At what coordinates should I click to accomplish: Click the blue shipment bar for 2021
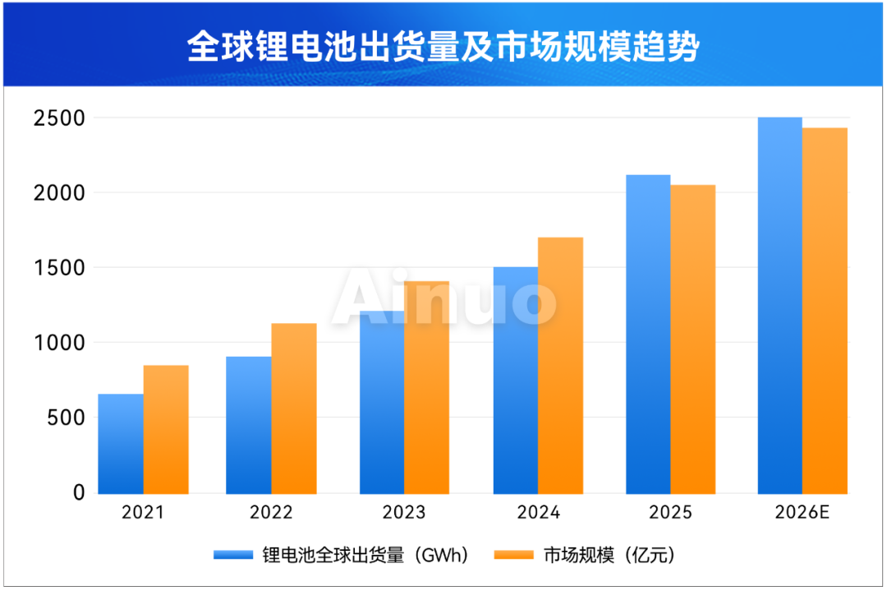pyautogui.click(x=121, y=444)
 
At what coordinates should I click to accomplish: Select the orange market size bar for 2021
pyautogui.click(x=166, y=429)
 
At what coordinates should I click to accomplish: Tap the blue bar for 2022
pyautogui.click(x=249, y=425)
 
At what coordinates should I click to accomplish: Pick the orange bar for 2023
pyautogui.click(x=426, y=387)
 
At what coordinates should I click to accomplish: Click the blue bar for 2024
pyautogui.click(x=516, y=380)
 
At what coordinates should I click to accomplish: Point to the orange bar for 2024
pyautogui.click(x=560, y=366)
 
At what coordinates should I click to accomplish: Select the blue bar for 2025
pyautogui.click(x=648, y=334)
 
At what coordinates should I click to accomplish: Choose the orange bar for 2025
pyautogui.click(x=692, y=339)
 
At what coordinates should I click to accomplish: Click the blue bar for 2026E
pyautogui.click(x=779, y=305)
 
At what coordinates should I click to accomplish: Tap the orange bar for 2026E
pyautogui.click(x=825, y=311)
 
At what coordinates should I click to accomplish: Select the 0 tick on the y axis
pyautogui.click(x=79, y=493)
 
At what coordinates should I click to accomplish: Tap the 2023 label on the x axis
pyautogui.click(x=404, y=513)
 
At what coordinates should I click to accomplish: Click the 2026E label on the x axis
pyautogui.click(x=802, y=513)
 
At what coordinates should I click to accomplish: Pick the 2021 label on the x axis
pyautogui.click(x=143, y=513)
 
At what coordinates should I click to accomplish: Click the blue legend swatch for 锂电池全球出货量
pyautogui.click(x=232, y=556)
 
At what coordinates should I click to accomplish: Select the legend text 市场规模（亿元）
pyautogui.click(x=609, y=556)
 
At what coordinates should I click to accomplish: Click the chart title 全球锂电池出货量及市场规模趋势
pyautogui.click(x=443, y=47)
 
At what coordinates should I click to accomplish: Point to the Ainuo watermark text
pyautogui.click(x=443, y=300)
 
